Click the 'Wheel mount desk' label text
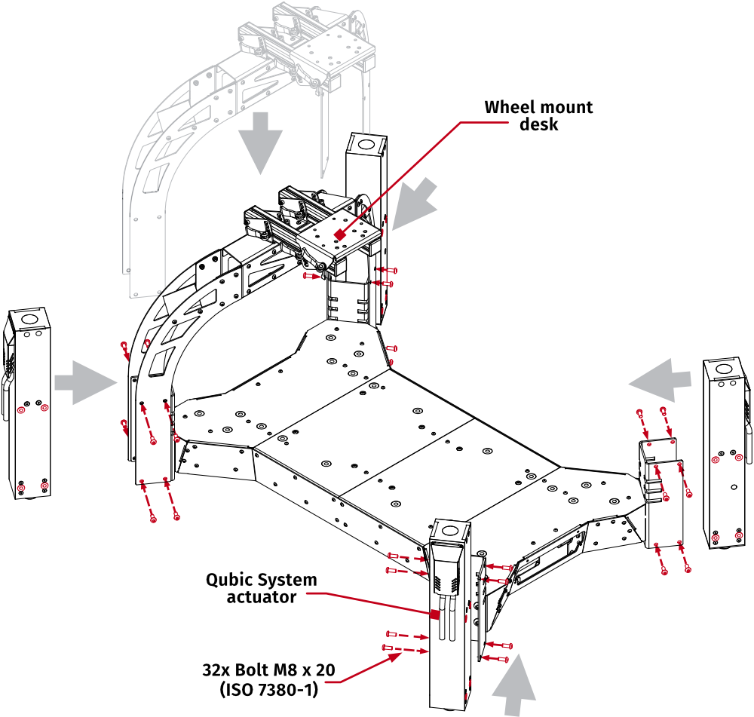coord(538,115)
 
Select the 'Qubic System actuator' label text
coord(262,588)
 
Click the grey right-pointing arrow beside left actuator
coord(85,379)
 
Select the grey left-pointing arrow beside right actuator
coord(661,379)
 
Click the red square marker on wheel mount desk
coord(340,235)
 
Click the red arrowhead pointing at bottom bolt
coord(394,657)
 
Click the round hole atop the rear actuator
coord(366,142)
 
